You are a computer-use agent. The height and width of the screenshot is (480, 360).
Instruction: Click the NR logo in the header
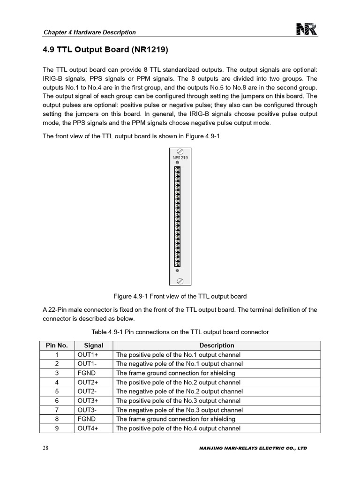pos(307,30)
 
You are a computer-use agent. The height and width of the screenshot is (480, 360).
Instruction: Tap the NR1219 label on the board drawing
pos(180,157)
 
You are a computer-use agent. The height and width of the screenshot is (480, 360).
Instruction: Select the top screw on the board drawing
pos(180,151)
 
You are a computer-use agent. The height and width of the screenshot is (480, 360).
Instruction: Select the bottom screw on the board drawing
pos(180,281)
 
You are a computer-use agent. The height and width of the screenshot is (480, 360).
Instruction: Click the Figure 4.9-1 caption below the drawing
pos(180,296)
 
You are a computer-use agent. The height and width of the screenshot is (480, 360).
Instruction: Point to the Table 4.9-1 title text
pos(180,332)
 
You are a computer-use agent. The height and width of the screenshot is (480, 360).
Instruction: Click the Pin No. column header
pos(57,345)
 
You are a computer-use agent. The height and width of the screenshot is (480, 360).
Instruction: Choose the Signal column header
pos(93,345)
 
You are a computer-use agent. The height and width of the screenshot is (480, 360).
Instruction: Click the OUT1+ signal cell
pos(88,355)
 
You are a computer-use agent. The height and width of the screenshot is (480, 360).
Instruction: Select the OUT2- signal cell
pos(88,391)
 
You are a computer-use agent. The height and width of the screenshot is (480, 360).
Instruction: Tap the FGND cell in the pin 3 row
pos(87,373)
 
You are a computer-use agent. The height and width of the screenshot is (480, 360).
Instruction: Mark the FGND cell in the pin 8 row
pos(87,419)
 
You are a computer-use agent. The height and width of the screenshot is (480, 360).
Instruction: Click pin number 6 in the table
pos(57,401)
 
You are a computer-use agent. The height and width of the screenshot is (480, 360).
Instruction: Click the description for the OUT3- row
pos(180,410)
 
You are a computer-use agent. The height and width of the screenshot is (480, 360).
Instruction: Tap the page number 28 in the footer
pos(45,448)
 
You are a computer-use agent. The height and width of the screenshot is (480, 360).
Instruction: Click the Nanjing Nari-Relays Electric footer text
pos(253,449)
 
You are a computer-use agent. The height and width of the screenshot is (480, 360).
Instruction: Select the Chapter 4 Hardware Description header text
pos(90,32)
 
